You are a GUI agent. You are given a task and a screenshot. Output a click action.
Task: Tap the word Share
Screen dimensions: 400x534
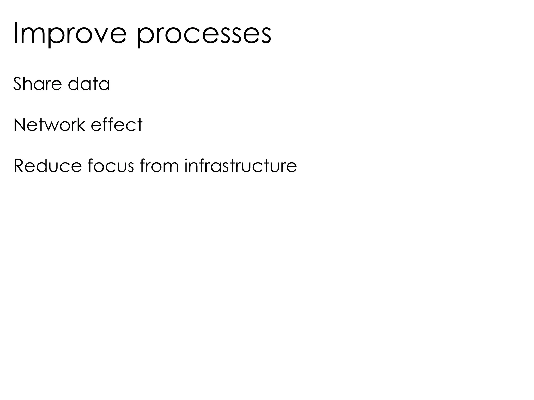click(38, 84)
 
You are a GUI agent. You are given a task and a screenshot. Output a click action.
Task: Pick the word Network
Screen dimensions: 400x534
click(49, 125)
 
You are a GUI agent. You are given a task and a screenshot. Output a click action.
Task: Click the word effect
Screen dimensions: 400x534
click(117, 125)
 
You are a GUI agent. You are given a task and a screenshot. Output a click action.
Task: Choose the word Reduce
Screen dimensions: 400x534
click(47, 166)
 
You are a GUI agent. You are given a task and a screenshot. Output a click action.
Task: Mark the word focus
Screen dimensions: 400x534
click(111, 166)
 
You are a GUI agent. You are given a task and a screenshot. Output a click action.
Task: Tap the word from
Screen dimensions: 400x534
click(159, 166)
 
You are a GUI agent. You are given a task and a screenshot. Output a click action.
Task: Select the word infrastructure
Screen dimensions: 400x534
click(241, 166)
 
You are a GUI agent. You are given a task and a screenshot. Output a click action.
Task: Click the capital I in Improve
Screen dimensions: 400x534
click(15, 33)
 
